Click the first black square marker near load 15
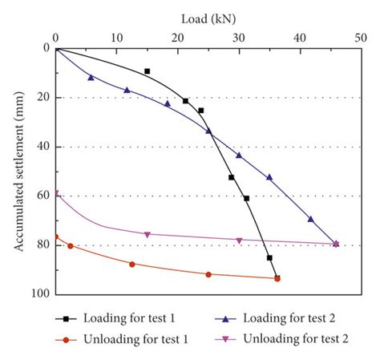coord(147,71)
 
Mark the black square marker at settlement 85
coord(269,257)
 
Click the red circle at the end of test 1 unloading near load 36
coord(277,278)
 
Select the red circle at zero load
coord(55,237)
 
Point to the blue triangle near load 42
coord(311,219)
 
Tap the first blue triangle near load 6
coord(91,77)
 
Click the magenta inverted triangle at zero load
coord(55,193)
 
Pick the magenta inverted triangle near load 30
coord(239,241)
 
